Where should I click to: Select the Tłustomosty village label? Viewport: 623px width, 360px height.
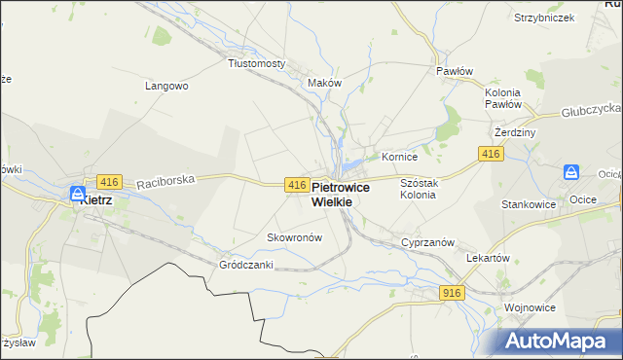(256, 63)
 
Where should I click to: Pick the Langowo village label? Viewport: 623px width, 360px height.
(166, 86)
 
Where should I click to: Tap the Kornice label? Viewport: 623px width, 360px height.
(399, 156)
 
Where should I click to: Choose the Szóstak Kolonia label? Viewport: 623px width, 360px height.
(421, 189)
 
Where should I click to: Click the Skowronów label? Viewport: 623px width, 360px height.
(293, 237)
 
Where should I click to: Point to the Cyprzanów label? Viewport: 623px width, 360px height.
(422, 242)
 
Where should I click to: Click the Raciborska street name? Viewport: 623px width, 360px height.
(166, 180)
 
